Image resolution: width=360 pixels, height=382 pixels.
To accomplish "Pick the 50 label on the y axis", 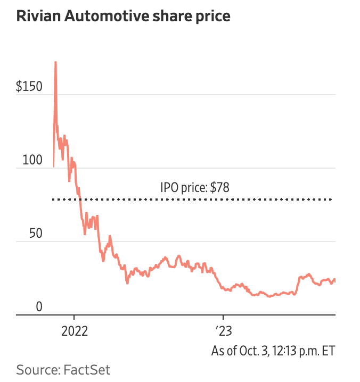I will (37, 234).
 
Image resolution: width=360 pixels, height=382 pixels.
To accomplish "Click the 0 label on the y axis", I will (39, 307).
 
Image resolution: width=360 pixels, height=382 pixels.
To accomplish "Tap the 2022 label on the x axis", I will (75, 332).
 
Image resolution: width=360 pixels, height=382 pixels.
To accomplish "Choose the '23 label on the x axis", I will (224, 332).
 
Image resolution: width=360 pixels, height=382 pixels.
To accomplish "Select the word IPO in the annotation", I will (168, 187).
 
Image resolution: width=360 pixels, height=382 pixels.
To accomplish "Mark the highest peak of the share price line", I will (55, 63).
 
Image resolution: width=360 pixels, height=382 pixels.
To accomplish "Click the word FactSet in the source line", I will (88, 369).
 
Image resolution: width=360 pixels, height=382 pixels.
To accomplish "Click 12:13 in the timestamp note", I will (284, 351).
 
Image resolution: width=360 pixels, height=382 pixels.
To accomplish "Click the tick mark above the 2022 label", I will (75, 318).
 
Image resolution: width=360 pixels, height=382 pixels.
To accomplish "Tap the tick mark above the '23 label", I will (224, 318).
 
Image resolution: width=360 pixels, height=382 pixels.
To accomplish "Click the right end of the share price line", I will (335, 280).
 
